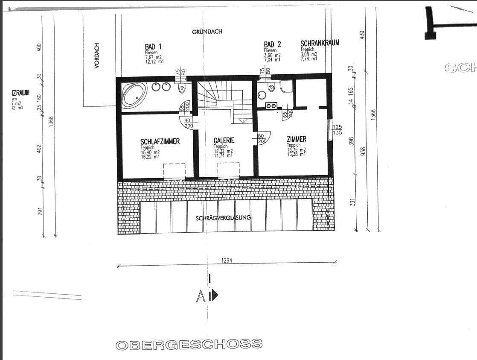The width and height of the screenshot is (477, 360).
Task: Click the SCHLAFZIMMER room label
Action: pos(160,141)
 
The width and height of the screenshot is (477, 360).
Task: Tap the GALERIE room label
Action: pos(224,140)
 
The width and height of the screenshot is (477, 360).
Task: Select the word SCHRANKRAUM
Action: pos(320,44)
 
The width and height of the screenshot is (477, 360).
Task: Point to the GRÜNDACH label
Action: pos(207,32)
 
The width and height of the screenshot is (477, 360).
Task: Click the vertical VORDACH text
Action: pos(97,56)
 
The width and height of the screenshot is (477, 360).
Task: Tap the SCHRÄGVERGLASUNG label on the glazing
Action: pos(224,218)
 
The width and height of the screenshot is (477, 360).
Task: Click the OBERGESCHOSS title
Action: pos(189,344)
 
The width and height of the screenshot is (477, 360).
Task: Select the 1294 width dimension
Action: pos(227,260)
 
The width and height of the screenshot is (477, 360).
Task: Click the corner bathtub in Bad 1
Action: pos(134,95)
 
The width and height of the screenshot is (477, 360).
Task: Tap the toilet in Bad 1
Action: pos(182,89)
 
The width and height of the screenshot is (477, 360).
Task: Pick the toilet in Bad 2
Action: pos(270,88)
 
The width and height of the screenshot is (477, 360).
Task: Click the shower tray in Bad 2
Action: pos(286,87)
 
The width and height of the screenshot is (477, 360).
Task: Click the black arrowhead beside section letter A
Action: pos(215,295)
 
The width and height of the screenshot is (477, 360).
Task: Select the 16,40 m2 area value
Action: pos(150,152)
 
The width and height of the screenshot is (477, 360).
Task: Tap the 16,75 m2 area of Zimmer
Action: pos(297,150)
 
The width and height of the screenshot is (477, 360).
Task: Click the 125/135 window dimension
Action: pos(337,129)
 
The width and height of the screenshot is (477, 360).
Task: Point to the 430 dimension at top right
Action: pos(363,35)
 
